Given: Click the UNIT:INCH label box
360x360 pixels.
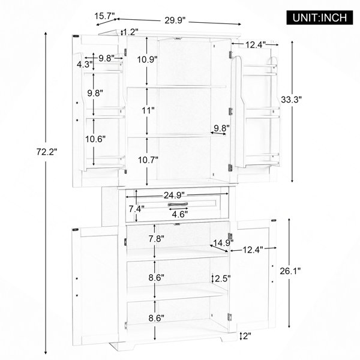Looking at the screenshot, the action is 320,17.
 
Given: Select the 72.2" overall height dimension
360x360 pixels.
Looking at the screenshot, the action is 47,152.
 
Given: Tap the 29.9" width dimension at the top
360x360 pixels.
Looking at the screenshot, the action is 175,20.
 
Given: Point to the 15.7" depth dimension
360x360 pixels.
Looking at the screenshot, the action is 104,16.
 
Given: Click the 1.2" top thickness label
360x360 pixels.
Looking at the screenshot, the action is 131,32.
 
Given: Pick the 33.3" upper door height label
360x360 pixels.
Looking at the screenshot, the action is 291,100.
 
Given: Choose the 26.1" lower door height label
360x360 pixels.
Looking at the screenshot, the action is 290,271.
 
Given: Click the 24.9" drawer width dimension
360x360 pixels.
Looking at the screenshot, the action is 174,196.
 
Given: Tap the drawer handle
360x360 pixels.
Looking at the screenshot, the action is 178,204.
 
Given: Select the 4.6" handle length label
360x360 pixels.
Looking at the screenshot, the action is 180,214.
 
